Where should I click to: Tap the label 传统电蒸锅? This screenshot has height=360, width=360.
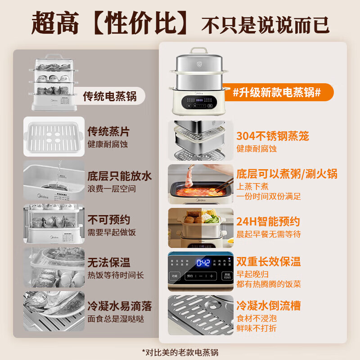(x=109, y=96)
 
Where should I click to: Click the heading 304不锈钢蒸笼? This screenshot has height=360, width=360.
(x=273, y=136)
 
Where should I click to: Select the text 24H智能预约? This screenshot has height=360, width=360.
(x=268, y=221)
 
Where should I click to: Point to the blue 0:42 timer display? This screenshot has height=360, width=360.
(x=203, y=263)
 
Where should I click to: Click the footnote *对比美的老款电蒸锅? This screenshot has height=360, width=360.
(x=180, y=351)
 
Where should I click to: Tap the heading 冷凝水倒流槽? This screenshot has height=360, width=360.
(x=268, y=306)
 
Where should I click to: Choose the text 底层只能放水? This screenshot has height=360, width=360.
(x=119, y=175)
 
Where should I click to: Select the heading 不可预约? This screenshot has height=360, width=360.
(x=108, y=220)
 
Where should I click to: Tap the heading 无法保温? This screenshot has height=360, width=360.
(x=108, y=262)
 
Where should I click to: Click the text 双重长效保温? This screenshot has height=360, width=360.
(x=268, y=261)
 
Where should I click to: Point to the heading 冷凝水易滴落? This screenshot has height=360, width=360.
(x=119, y=306)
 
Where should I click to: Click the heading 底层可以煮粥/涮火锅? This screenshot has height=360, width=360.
(x=287, y=174)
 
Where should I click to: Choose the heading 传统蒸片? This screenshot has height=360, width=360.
(x=108, y=131)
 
